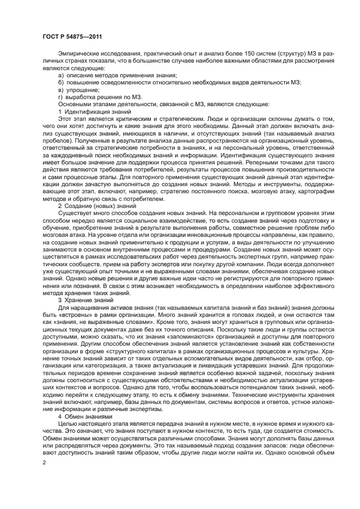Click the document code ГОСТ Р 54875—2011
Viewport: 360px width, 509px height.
pos(72,37)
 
